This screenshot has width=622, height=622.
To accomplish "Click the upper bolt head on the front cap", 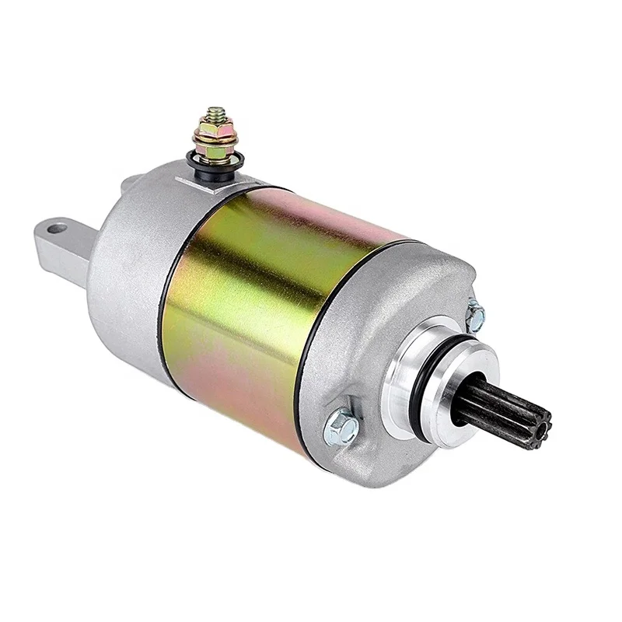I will pos(475,316).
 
